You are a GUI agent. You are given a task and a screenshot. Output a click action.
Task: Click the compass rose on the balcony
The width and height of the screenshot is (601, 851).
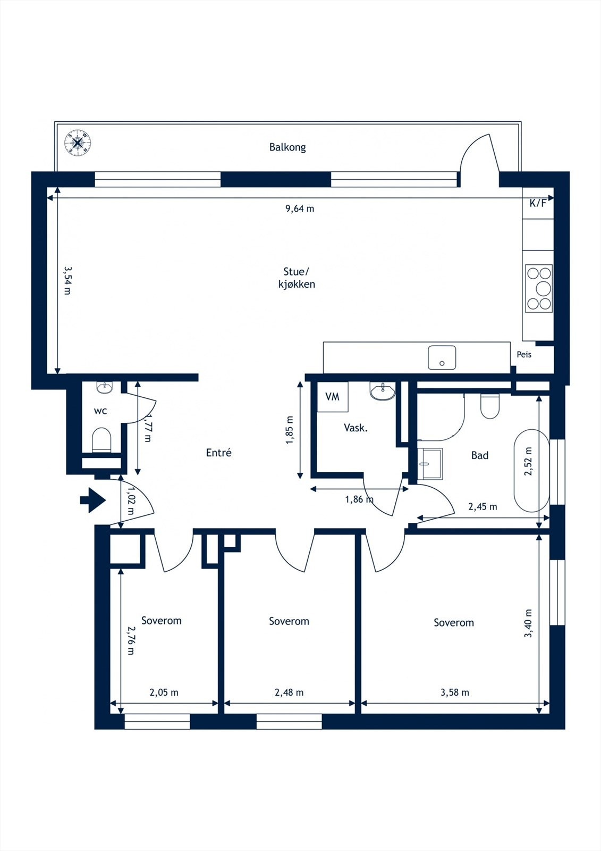78,143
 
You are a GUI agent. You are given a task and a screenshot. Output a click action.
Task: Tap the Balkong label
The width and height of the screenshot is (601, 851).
287,147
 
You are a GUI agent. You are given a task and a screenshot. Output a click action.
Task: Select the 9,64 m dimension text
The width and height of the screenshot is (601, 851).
300,208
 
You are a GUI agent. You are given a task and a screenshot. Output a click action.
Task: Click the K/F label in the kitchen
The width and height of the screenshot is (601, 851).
538,203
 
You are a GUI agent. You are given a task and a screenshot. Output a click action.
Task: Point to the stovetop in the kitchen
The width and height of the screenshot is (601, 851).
539,288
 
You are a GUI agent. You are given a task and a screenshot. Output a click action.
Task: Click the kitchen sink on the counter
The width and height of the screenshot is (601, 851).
442,357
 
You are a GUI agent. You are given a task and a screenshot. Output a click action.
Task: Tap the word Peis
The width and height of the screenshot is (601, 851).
524,354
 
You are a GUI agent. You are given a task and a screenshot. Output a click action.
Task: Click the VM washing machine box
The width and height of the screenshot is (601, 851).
333,397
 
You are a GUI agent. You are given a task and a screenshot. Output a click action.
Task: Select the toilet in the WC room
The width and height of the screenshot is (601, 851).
101,440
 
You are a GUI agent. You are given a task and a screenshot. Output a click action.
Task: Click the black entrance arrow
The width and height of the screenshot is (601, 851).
92,500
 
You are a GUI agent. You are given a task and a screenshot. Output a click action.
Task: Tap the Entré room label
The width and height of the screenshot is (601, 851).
219,453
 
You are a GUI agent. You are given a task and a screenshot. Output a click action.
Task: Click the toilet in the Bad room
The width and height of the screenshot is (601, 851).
490,406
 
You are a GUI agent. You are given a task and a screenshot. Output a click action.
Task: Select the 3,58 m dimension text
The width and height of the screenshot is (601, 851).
455,693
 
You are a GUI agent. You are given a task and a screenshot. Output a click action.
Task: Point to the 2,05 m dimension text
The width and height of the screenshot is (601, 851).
164,693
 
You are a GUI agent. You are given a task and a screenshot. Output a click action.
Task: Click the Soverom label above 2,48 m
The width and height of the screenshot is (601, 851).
289,621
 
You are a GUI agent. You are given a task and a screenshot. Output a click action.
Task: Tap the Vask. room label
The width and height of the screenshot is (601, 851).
355,428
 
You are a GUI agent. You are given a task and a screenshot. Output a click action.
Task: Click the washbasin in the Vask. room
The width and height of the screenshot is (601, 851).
383,391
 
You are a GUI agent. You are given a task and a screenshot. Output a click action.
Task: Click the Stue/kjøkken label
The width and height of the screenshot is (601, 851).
297,278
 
